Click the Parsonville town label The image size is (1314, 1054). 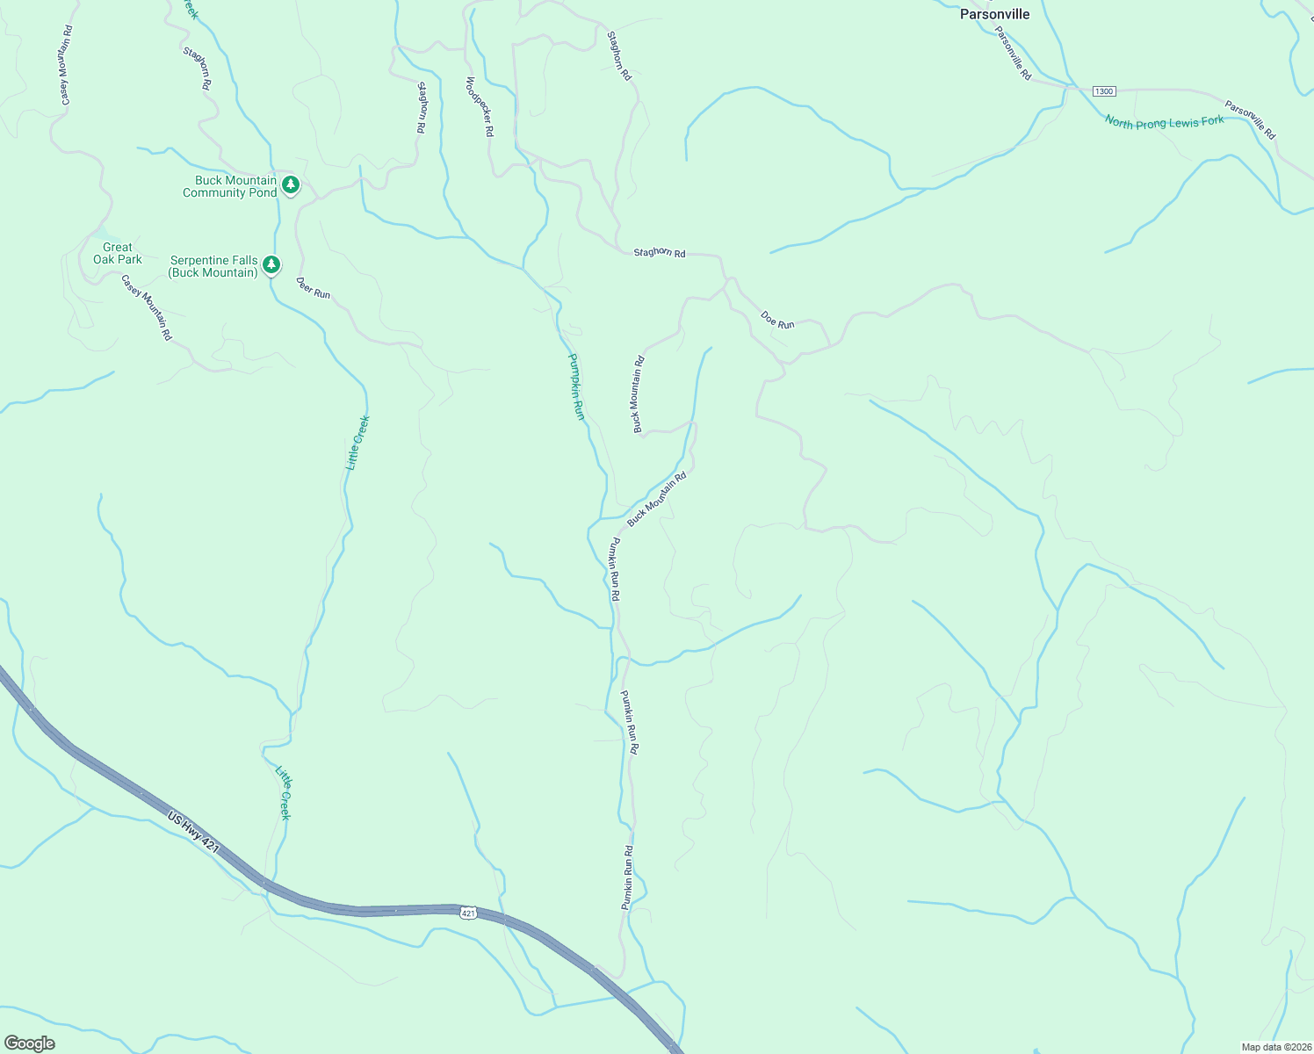[994, 14]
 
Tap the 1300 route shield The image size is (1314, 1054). [1104, 91]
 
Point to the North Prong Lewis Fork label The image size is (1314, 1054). [1164, 122]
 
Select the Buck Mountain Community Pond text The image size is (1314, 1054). [229, 186]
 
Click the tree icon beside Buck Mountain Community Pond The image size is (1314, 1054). [292, 185]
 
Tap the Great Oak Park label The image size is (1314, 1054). [118, 253]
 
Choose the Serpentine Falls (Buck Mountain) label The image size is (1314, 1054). [213, 266]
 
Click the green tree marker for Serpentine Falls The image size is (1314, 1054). [272, 263]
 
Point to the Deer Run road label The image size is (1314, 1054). [313, 288]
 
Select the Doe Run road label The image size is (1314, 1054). [777, 321]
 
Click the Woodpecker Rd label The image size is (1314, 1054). [480, 106]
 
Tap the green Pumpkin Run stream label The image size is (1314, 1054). [576, 386]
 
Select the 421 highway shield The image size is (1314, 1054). [468, 913]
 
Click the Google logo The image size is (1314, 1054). [29, 1043]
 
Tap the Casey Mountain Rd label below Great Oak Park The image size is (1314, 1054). [147, 307]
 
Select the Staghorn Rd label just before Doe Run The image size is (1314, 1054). [659, 253]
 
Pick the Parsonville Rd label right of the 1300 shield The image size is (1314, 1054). [1250, 121]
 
